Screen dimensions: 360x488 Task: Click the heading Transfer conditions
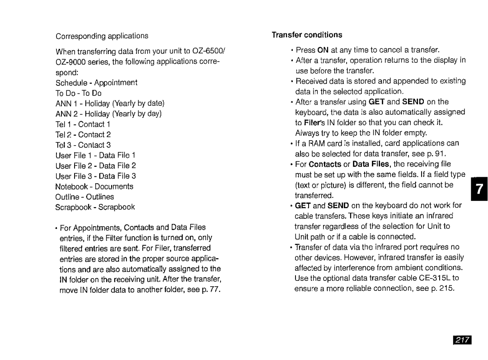click(x=307, y=35)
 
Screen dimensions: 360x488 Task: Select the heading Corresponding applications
click(x=102, y=36)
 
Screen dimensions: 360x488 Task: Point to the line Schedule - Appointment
click(x=96, y=83)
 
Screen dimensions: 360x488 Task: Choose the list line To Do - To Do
click(x=79, y=93)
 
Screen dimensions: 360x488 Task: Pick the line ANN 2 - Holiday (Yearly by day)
click(x=108, y=114)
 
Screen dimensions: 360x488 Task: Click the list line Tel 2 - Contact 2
click(x=83, y=134)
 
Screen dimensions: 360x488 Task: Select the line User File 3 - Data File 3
click(x=96, y=176)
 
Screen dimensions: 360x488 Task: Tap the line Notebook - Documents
click(x=94, y=186)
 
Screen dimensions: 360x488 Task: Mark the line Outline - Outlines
click(x=84, y=197)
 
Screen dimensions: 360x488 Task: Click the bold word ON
click(x=323, y=50)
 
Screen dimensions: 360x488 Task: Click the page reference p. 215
click(x=441, y=289)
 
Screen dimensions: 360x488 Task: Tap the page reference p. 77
click(x=209, y=289)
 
